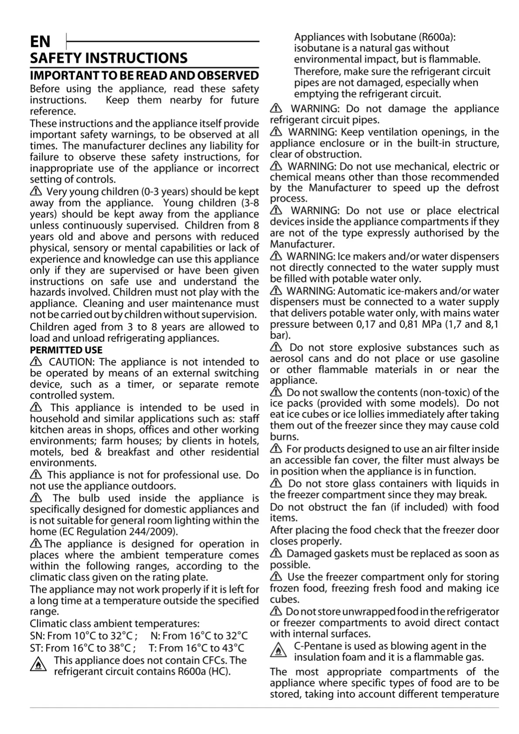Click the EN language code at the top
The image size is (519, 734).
point(40,41)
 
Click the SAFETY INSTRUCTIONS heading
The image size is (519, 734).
point(109,58)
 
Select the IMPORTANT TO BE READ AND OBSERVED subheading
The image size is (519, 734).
point(144,75)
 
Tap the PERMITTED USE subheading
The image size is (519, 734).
point(66,350)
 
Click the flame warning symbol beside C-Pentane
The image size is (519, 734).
point(278,651)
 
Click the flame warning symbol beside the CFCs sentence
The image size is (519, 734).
point(38,666)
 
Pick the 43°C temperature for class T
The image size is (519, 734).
point(232,648)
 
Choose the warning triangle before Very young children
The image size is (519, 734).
point(36,191)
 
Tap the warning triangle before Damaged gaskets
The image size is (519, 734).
point(276,554)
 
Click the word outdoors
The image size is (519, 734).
point(156,486)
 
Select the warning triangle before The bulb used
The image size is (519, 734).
point(36,498)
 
